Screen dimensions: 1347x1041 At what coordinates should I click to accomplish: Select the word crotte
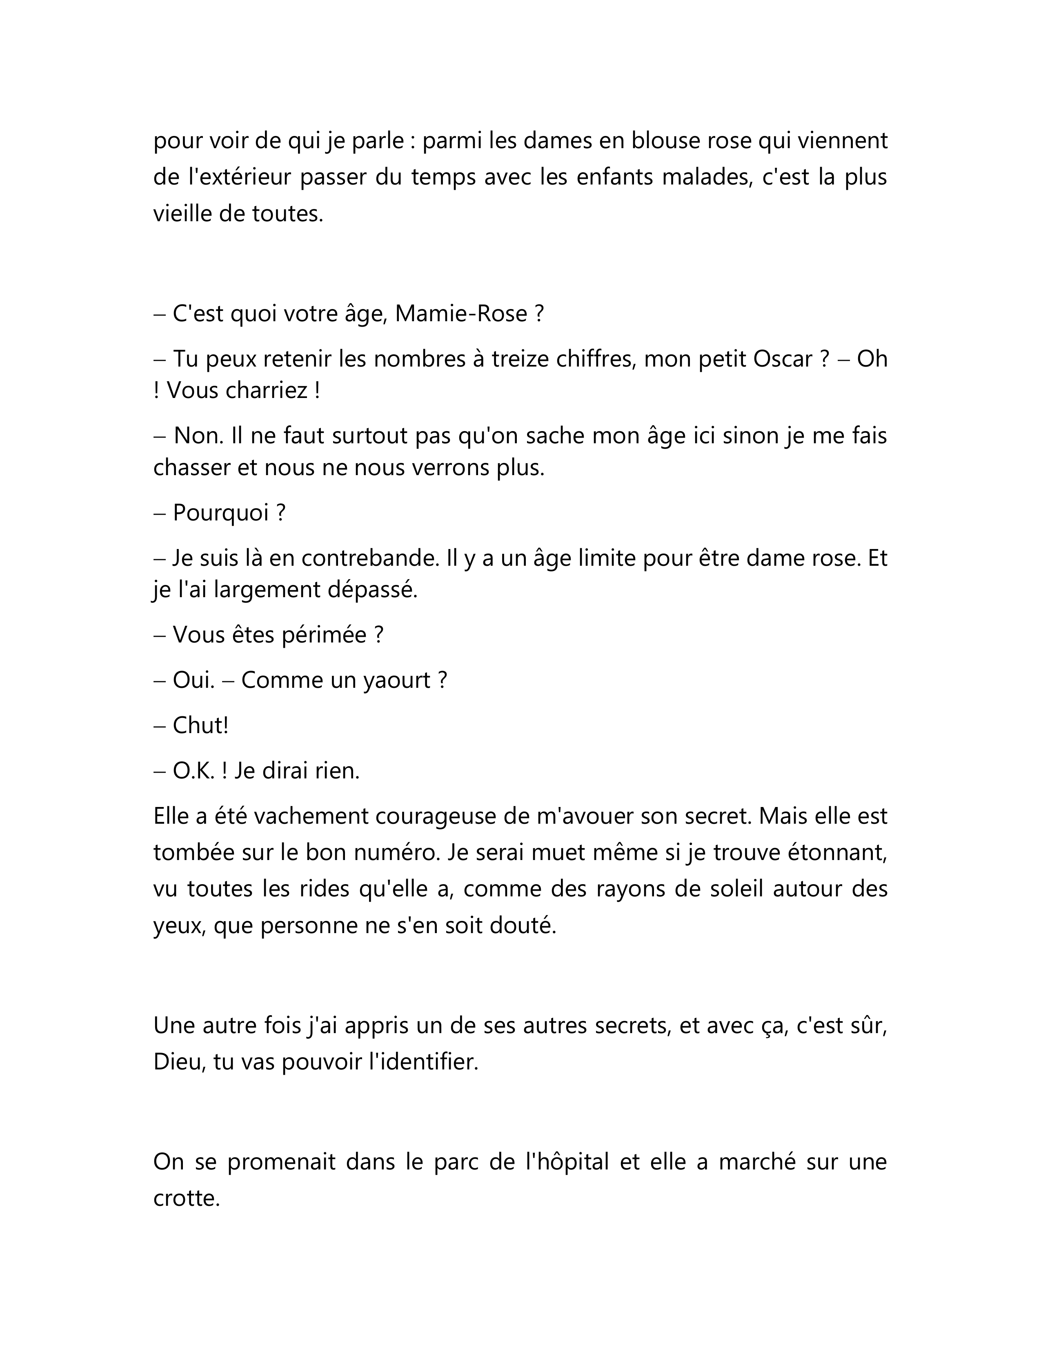click(186, 1199)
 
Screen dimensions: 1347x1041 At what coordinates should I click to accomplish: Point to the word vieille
click(182, 214)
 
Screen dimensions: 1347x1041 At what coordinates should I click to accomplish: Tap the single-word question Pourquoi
click(220, 513)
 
